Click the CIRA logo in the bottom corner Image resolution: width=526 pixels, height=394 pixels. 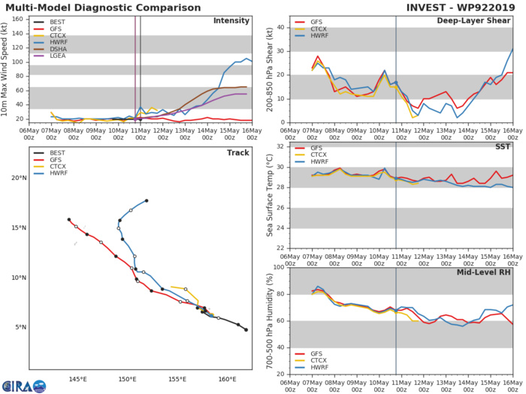pyautogui.click(x=23, y=384)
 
